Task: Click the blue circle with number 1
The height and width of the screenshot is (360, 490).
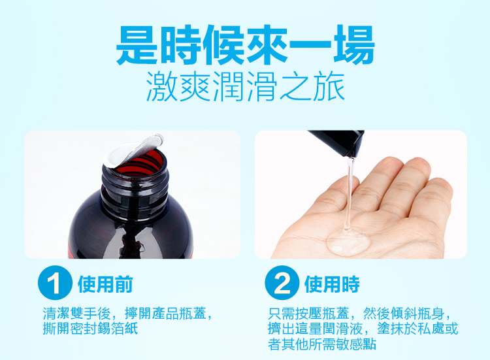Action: click(x=55, y=283)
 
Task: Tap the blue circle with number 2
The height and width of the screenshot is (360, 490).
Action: click(x=282, y=283)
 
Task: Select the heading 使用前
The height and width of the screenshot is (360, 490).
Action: click(x=105, y=284)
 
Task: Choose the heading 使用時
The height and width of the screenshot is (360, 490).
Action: click(x=332, y=284)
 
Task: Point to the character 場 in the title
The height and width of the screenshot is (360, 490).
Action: click(x=354, y=44)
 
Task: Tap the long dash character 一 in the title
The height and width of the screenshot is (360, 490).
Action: click(x=310, y=47)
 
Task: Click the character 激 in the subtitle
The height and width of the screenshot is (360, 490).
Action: click(x=162, y=86)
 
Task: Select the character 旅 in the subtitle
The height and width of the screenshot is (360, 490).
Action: click(x=329, y=86)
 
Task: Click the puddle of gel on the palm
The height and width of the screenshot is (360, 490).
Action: click(x=349, y=241)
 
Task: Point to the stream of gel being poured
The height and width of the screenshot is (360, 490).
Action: click(x=349, y=194)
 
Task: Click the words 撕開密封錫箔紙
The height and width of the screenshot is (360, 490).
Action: click(x=90, y=329)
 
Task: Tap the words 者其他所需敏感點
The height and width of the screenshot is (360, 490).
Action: click(x=322, y=344)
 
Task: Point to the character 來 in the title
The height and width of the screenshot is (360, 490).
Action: click(x=267, y=44)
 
